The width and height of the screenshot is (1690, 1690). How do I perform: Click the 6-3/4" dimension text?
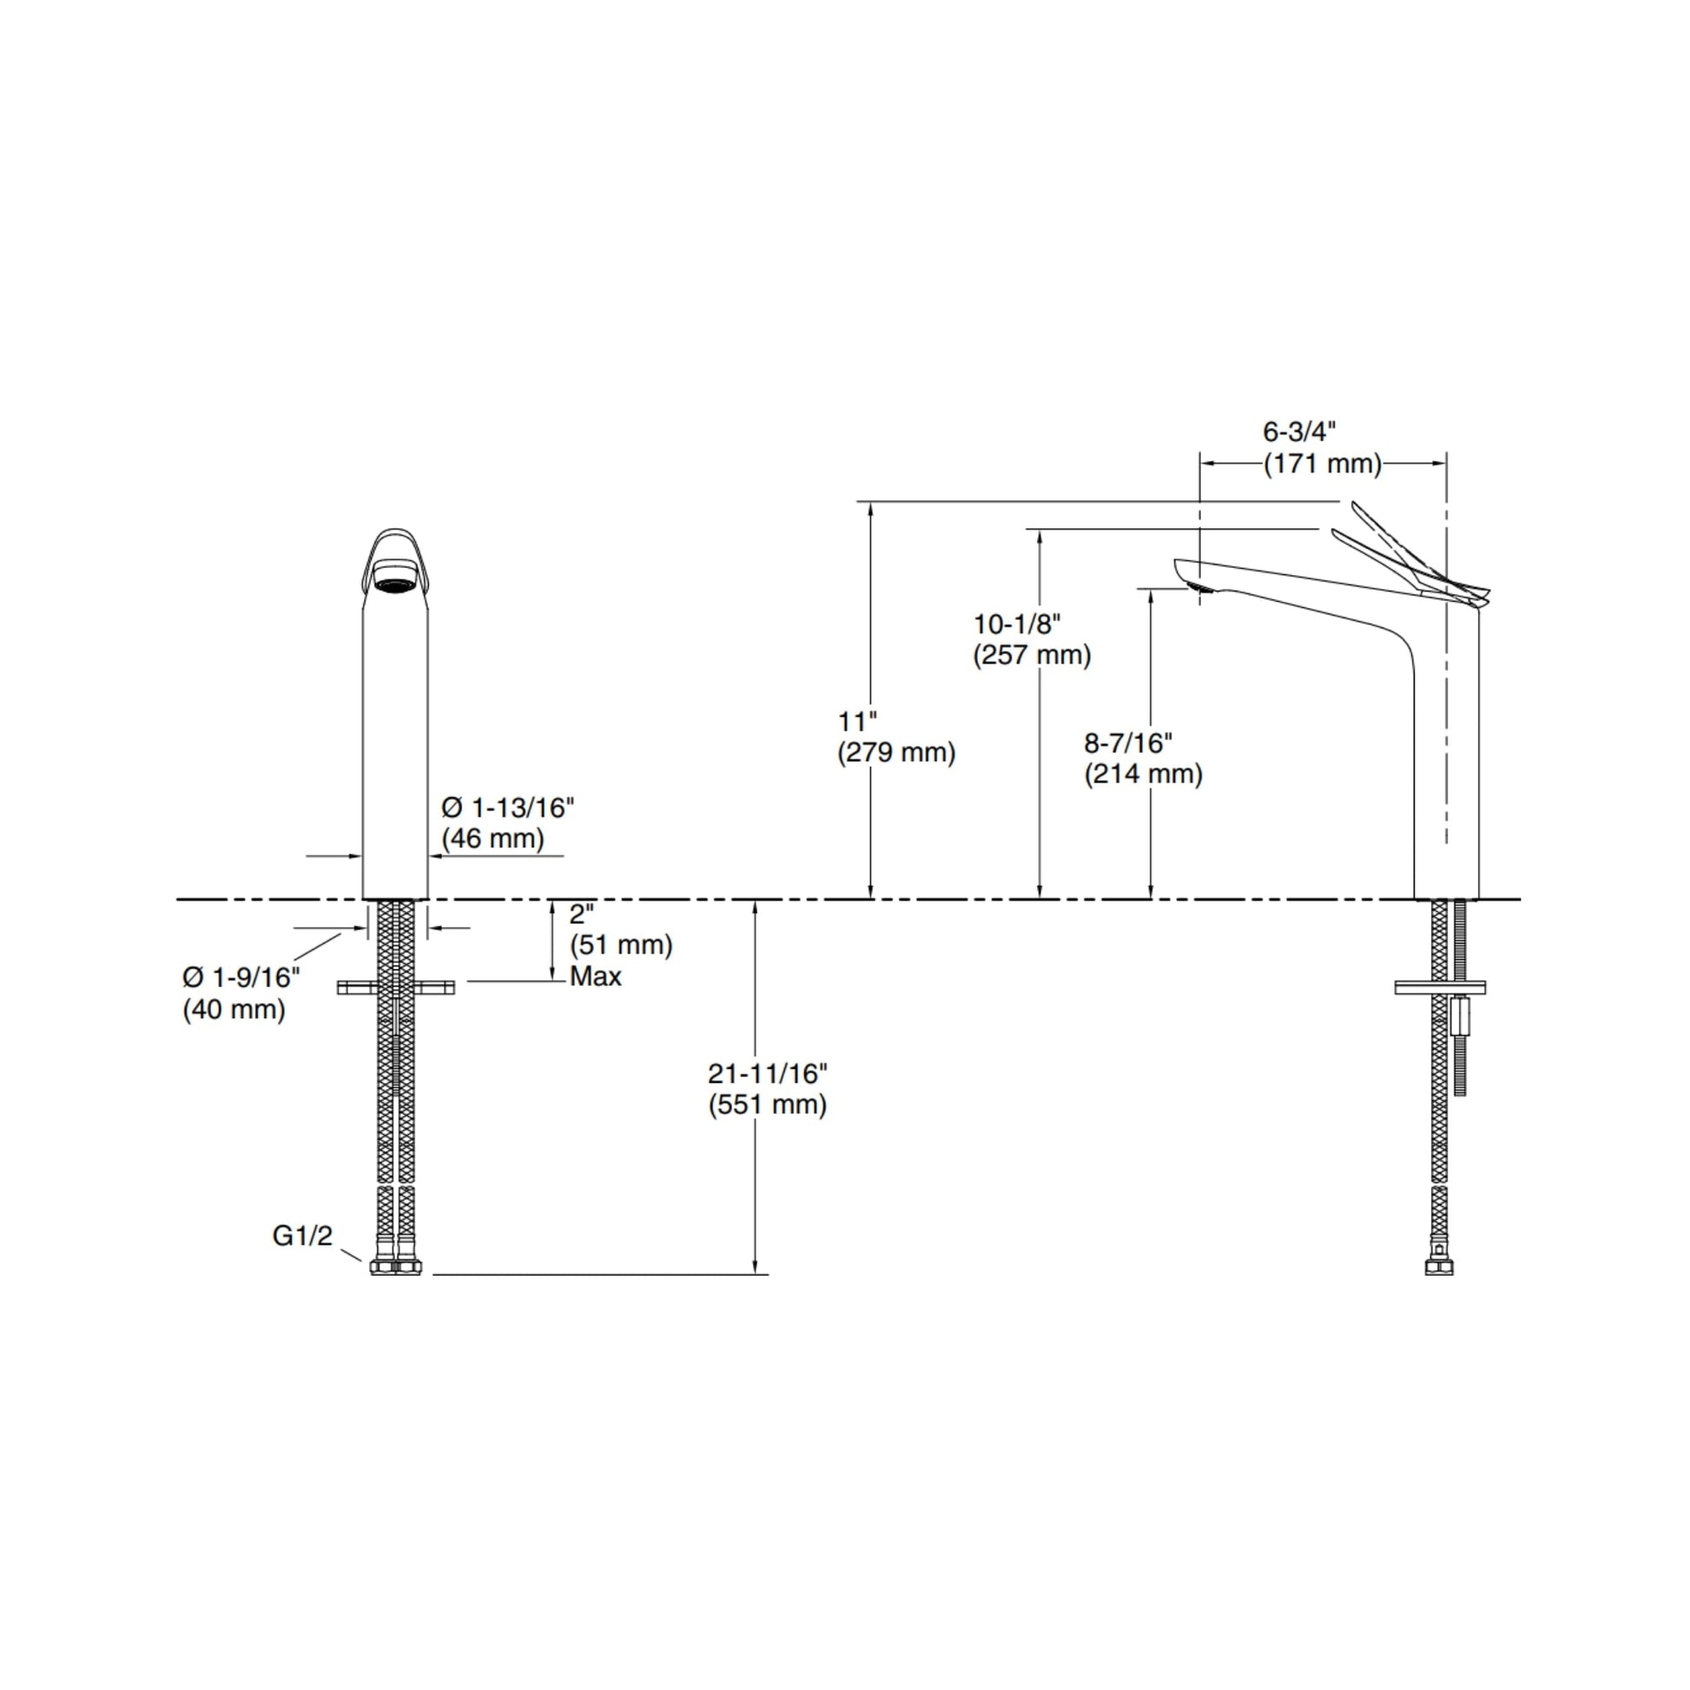click(x=1299, y=432)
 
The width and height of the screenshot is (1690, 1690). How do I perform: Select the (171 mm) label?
click(x=1322, y=464)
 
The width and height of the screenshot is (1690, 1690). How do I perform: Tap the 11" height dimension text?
click(x=857, y=722)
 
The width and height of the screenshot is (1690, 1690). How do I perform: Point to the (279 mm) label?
click(x=895, y=752)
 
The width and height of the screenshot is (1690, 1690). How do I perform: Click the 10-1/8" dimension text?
click(x=1017, y=624)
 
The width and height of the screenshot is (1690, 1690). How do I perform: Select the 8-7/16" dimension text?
click(x=1128, y=743)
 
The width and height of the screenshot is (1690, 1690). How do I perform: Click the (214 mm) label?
click(x=1143, y=774)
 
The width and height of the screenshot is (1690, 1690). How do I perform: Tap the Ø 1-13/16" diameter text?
click(x=507, y=807)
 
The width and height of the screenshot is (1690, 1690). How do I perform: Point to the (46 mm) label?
click(x=492, y=838)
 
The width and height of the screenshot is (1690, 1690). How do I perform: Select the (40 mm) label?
click(x=234, y=1009)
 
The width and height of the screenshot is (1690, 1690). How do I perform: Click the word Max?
click(x=595, y=976)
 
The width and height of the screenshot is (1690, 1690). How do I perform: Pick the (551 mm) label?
click(x=767, y=1104)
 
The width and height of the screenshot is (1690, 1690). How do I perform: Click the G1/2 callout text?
click(x=303, y=1236)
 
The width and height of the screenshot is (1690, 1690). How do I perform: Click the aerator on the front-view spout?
click(x=393, y=583)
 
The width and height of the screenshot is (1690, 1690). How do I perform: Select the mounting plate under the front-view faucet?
click(x=396, y=987)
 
